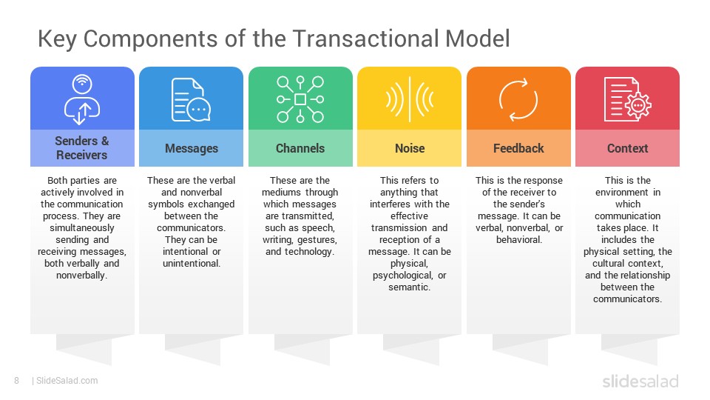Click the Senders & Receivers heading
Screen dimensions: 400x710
(81, 148)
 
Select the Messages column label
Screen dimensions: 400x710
(191, 148)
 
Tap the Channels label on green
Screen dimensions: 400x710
(300, 148)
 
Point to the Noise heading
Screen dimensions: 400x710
(409, 148)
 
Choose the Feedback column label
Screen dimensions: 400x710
(518, 148)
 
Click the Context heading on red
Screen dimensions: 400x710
(627, 148)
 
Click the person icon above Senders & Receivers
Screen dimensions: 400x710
(81, 99)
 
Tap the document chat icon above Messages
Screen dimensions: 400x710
(191, 99)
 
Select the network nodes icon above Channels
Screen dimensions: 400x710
(300, 99)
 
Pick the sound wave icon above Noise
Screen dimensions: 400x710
(409, 99)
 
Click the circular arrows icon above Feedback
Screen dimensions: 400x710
(518, 99)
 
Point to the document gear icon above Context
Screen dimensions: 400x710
(627, 99)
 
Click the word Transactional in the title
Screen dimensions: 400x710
(367, 39)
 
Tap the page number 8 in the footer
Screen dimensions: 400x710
(16, 381)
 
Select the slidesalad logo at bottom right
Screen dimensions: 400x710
(640, 381)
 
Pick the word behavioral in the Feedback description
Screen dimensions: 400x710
(518, 240)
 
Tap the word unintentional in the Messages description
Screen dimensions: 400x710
(191, 264)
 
